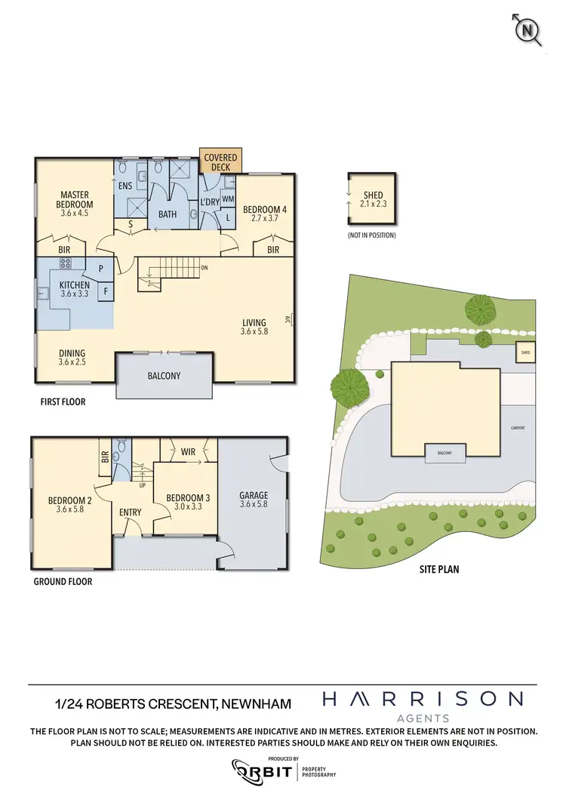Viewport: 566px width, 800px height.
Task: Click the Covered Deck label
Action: click(x=220, y=162)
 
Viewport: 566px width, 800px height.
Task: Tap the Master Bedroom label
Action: click(x=75, y=199)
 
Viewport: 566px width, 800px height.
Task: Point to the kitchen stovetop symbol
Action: click(x=65, y=264)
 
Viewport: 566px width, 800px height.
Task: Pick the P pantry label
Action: click(x=100, y=267)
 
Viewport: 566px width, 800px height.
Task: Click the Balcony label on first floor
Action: click(x=164, y=376)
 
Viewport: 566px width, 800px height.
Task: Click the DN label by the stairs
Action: click(x=204, y=267)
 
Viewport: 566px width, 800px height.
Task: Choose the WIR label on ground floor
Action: click(x=189, y=452)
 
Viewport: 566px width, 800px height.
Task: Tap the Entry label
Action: click(x=131, y=512)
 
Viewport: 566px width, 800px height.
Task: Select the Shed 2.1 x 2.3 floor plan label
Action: click(x=373, y=199)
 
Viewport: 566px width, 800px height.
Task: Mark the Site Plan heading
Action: click(x=439, y=569)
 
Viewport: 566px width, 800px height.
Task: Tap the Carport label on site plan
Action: click(x=518, y=428)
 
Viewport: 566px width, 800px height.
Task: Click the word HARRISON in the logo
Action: click(x=422, y=699)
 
